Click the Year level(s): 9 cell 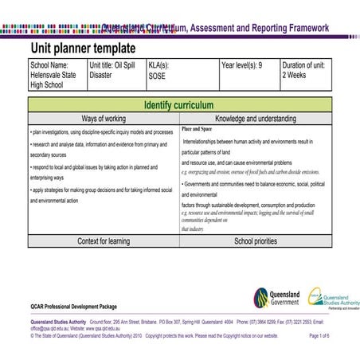(x=248, y=65)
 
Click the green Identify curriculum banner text (x=179, y=105)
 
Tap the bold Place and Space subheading (x=197, y=128)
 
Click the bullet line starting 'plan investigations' (x=101, y=131)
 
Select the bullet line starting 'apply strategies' (x=100, y=190)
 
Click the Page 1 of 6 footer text (x=319, y=336)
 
